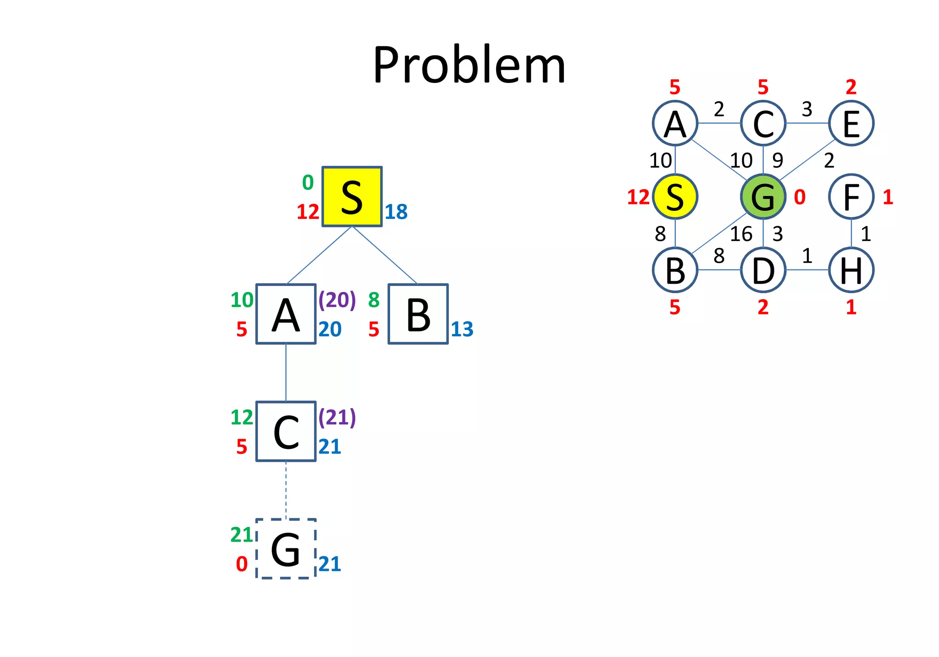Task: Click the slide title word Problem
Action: pyautogui.click(x=469, y=66)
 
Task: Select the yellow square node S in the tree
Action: pyautogui.click(x=352, y=197)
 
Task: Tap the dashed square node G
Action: pyautogui.click(x=286, y=549)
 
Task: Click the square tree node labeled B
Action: pyautogui.click(x=418, y=314)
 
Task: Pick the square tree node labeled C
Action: pyautogui.click(x=286, y=432)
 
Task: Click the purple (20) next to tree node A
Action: pyautogui.click(x=337, y=300)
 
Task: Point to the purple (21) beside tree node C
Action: pyautogui.click(x=337, y=417)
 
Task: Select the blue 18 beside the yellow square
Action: pyautogui.click(x=396, y=212)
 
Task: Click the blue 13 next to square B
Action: pyautogui.click(x=462, y=329)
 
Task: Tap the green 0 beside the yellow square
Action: pyautogui.click(x=308, y=183)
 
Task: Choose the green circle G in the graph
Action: pyautogui.click(x=763, y=197)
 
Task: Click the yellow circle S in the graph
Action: pyautogui.click(x=675, y=197)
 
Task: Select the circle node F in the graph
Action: pyautogui.click(x=851, y=197)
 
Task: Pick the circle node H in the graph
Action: pyautogui.click(x=851, y=270)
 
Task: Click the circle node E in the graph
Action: pyautogui.click(x=851, y=123)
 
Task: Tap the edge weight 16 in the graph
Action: pyautogui.click(x=741, y=234)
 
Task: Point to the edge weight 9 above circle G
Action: pyautogui.click(x=778, y=160)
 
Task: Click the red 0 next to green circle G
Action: pyautogui.click(x=800, y=197)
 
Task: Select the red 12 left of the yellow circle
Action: pyautogui.click(x=638, y=197)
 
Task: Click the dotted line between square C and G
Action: pyautogui.click(x=286, y=490)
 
